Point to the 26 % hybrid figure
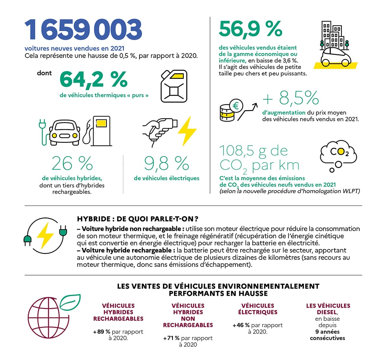[x=72, y=164]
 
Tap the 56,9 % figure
[x=251, y=29]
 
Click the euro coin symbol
[x=238, y=104]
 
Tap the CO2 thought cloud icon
[x=338, y=153]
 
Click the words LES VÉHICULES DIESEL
[x=328, y=309]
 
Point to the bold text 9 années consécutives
[x=327, y=335]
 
